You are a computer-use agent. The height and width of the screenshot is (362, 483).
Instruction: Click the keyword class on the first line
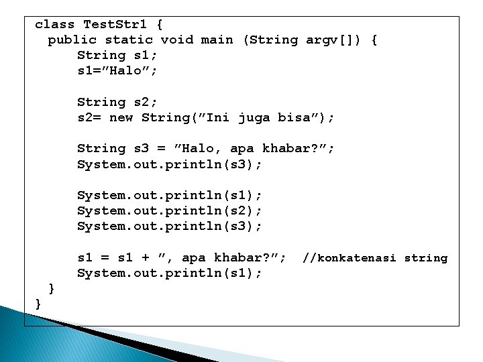54,25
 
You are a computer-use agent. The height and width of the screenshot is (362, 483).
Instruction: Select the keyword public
72,40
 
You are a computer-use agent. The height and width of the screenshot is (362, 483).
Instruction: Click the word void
177,40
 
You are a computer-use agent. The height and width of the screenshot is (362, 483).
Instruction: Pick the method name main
217,40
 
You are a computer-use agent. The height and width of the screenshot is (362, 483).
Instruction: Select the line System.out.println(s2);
170,211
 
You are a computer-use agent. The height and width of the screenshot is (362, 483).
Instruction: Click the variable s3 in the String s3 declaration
142,149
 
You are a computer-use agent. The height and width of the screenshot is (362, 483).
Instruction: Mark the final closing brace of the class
38,304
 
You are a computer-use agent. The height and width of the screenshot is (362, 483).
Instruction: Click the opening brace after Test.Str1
160,25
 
